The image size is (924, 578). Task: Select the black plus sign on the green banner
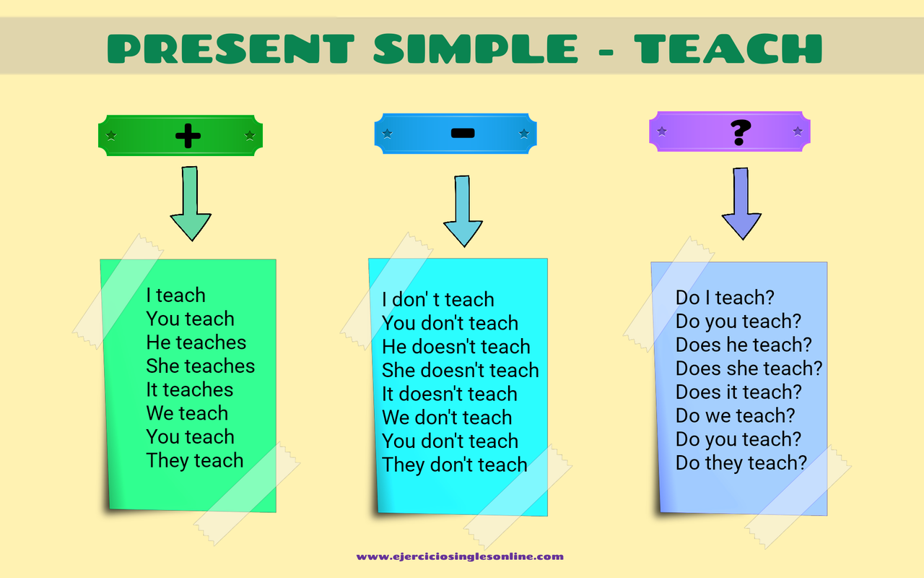(x=188, y=135)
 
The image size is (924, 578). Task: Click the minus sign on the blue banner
(x=462, y=133)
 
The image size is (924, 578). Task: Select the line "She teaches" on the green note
(x=200, y=366)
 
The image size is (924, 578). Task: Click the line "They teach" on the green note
(x=194, y=461)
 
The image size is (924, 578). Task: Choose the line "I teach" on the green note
(x=175, y=296)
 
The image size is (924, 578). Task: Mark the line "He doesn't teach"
(x=456, y=348)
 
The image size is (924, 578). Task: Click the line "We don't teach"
(x=446, y=418)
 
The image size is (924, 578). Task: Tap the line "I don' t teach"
(x=437, y=300)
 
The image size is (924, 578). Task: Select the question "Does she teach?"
(x=749, y=369)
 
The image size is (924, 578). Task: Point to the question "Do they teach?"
(x=741, y=463)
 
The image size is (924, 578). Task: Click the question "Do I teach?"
(x=725, y=298)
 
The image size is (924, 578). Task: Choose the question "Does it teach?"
(x=738, y=392)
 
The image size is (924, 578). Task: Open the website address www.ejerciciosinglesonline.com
(x=460, y=557)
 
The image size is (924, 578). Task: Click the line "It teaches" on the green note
(x=189, y=390)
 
